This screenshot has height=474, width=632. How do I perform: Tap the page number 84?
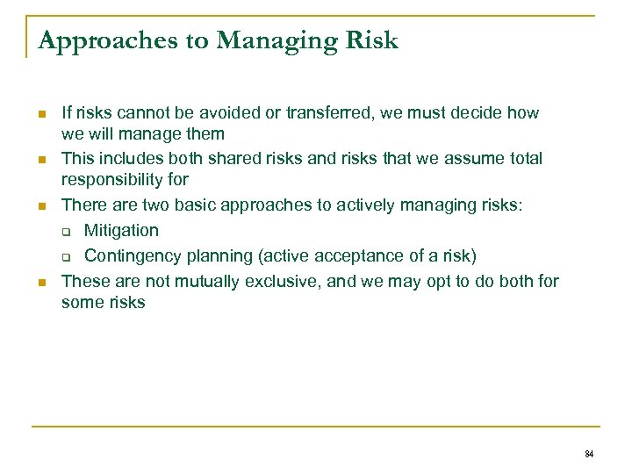(588, 454)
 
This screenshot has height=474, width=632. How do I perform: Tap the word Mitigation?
(121, 230)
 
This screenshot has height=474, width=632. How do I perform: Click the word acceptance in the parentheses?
(348, 255)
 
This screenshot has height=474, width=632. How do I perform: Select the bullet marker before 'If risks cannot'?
(41, 114)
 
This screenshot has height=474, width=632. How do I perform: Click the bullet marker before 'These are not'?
(41, 283)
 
